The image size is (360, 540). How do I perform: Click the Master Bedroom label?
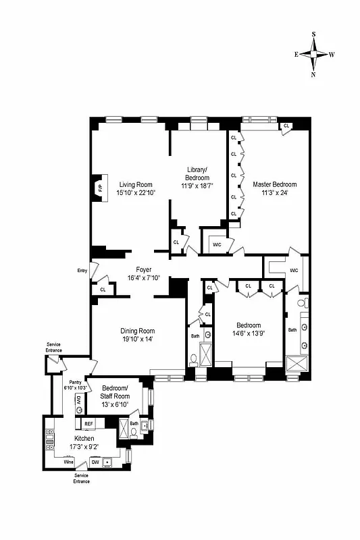point(274,184)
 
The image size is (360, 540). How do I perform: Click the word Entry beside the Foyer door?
point(82,271)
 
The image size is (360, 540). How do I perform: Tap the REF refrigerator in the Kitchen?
point(88,423)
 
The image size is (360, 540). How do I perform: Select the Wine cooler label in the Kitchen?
point(68,462)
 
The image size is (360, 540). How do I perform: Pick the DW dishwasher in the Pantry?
point(78,400)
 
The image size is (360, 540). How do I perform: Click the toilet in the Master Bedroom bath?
point(302,303)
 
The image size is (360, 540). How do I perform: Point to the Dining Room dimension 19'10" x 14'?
point(138,340)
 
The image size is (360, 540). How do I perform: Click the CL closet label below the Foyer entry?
point(103,290)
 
